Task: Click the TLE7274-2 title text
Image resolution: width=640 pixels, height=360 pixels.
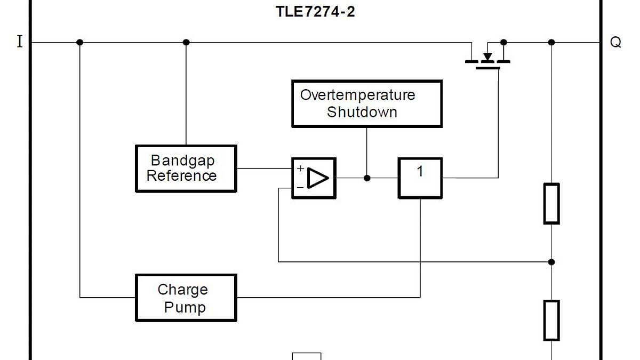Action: (x=315, y=12)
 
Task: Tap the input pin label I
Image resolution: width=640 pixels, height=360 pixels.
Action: (x=20, y=42)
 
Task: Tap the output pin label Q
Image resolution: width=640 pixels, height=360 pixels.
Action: (x=615, y=43)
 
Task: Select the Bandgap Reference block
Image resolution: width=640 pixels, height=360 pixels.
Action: (x=186, y=169)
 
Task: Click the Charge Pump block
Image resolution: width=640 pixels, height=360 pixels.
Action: (x=186, y=298)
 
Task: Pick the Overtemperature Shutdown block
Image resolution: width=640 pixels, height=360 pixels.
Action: (x=367, y=103)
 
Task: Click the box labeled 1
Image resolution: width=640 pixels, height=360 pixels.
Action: (x=420, y=178)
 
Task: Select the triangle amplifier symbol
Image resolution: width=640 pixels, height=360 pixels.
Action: (x=318, y=178)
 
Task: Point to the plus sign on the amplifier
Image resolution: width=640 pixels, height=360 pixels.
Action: (x=300, y=169)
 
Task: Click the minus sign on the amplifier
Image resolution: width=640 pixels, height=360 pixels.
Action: (x=300, y=187)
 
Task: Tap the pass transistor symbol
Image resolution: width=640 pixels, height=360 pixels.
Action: (x=487, y=58)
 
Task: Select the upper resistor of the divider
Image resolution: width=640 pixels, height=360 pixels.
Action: (x=551, y=203)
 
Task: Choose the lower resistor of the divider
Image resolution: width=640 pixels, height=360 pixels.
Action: (x=551, y=320)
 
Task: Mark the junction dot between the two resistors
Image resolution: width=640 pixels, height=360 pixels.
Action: (x=551, y=262)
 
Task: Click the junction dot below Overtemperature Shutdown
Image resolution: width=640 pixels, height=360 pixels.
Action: (x=367, y=178)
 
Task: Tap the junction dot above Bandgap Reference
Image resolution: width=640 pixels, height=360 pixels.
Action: (x=186, y=42)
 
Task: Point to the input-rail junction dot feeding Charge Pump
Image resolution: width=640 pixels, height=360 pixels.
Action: (x=79, y=42)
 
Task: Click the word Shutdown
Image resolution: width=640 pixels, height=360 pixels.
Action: (x=362, y=112)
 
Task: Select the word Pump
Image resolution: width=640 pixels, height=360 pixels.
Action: (x=185, y=307)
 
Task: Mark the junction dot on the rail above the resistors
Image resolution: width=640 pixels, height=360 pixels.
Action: (x=551, y=42)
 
